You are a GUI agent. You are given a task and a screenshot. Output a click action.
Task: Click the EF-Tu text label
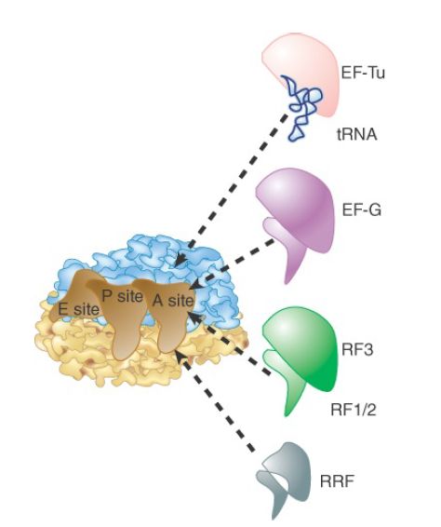pos(363,73)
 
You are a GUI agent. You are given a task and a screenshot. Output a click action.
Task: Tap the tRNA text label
pos(357,134)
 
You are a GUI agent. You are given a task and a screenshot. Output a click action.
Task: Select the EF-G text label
pos(361,210)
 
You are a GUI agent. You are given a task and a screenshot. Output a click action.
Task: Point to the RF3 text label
pos(357,350)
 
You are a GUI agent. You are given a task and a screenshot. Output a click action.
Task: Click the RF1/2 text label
pos(353,410)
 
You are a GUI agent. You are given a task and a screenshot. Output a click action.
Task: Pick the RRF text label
pos(337,481)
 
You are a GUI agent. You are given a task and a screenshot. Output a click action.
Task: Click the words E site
pos(78,309)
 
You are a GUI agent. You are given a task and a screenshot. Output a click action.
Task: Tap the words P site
pos(122,296)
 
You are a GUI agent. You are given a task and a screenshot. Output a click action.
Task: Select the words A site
pos(173,300)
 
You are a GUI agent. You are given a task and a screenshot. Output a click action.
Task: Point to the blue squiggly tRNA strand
pos(302,108)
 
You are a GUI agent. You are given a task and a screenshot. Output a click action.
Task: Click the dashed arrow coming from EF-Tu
pos(232,189)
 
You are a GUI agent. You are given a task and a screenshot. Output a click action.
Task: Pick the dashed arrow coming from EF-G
pos(233,263)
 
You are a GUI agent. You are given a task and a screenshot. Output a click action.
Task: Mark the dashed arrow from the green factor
pos(229,343)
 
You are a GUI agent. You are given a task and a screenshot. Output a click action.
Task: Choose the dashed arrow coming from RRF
pos(215,401)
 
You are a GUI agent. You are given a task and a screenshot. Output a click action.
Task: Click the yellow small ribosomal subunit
pos(141,349)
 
